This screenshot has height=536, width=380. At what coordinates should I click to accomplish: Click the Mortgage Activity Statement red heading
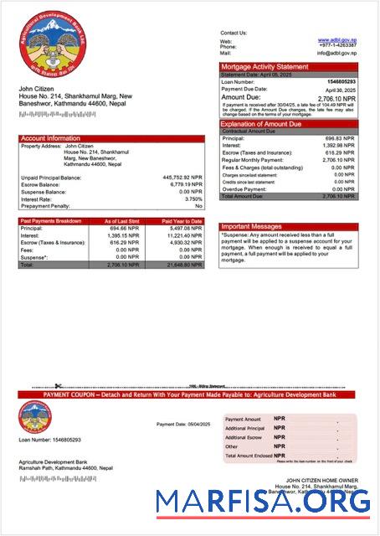pyautogui.click(x=264, y=66)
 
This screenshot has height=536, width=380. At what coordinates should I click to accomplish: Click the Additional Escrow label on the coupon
pyautogui.click(x=244, y=437)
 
